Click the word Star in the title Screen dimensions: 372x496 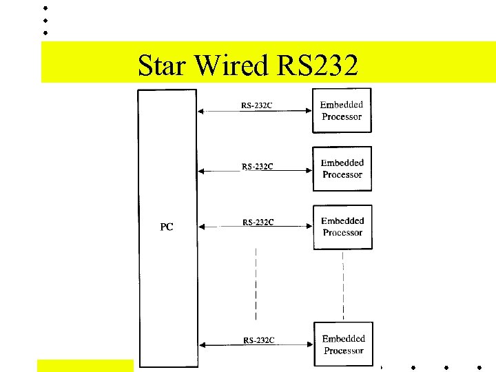[163, 66]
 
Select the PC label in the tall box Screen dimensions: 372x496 [167, 227]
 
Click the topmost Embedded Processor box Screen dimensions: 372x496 [342, 111]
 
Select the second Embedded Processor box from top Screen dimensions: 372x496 [342, 169]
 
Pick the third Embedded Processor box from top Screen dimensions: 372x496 [342, 227]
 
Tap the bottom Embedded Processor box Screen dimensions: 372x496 [343, 344]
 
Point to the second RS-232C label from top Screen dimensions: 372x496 [258, 166]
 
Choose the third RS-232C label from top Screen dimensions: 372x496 [258, 222]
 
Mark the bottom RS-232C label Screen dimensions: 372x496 [259, 340]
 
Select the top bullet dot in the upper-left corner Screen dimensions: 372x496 [45, 8]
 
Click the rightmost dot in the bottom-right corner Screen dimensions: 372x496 [479, 366]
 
